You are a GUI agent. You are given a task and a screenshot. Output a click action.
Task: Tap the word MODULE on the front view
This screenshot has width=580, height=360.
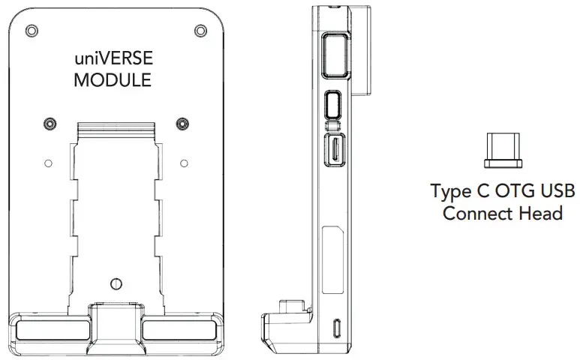(x=113, y=79)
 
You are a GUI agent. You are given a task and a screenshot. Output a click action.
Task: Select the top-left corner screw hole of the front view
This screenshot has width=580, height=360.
(x=31, y=30)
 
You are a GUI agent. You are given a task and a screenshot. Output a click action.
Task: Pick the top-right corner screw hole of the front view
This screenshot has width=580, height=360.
(x=200, y=30)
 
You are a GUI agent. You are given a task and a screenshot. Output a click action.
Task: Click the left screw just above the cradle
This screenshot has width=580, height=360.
(x=50, y=122)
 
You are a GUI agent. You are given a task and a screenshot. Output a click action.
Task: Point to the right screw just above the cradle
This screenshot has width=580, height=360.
(x=182, y=122)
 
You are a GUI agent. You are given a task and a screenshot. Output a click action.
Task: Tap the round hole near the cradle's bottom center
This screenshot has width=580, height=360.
(x=116, y=283)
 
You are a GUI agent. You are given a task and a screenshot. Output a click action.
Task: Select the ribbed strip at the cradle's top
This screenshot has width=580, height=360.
(x=116, y=130)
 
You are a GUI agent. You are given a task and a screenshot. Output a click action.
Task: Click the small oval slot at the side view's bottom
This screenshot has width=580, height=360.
(x=338, y=328)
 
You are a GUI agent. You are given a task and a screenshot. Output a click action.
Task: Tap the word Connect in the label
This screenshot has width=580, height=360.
(x=477, y=213)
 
